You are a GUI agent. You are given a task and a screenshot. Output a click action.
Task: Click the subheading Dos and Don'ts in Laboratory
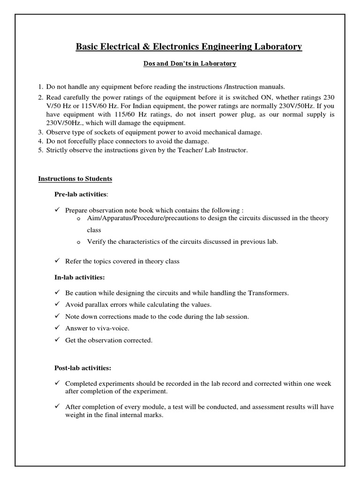189,64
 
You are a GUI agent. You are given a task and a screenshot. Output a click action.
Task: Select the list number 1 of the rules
40,87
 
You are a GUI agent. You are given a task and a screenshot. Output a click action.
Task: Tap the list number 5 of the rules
40,150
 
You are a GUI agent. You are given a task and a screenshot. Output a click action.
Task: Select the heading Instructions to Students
75,179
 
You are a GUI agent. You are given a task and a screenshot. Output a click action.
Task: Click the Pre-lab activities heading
81,194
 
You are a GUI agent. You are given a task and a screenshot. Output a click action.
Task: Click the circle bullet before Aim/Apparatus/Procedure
78,219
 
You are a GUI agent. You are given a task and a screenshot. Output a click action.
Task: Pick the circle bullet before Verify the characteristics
78,242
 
